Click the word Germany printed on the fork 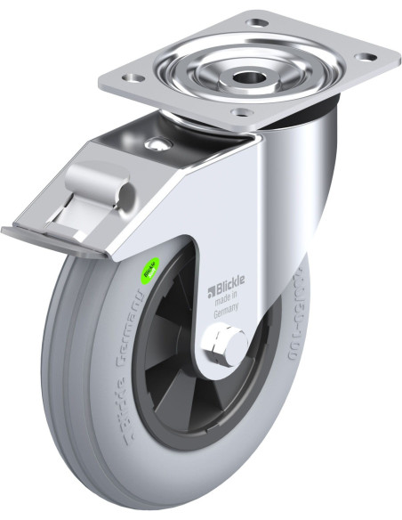point(228,313)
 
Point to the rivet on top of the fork point(157,145)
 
